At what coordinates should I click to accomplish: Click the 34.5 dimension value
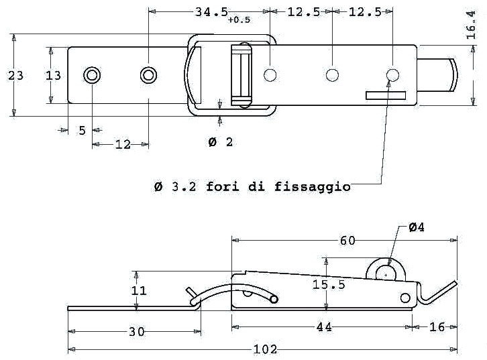(211, 12)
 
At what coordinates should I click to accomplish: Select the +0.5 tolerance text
(239, 20)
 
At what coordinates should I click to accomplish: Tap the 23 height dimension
(15, 75)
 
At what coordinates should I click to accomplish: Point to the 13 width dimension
(53, 75)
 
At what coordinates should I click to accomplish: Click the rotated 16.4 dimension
(471, 25)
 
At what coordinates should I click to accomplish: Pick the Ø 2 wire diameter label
(221, 142)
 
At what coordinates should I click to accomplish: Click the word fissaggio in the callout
(313, 187)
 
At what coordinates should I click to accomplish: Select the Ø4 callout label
(416, 227)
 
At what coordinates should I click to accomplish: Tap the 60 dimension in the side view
(347, 241)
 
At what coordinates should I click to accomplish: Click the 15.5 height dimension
(329, 285)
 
